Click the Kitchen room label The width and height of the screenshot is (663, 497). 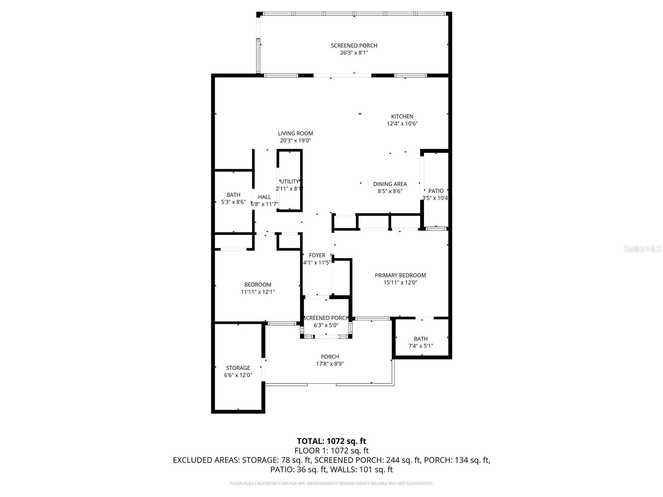coord(402,116)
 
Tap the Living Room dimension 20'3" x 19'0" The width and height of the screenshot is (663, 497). coord(295,141)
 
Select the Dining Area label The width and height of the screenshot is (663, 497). coord(390,184)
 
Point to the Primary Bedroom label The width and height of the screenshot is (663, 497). coord(400,275)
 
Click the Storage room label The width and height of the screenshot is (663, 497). coord(238,368)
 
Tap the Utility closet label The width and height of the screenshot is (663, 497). coord(289,181)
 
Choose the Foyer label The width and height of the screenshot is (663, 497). coord(317,255)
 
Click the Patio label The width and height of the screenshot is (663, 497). coord(436,191)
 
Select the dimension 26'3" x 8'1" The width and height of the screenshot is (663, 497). coord(354,53)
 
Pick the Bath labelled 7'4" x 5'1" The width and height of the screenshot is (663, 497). coord(420,339)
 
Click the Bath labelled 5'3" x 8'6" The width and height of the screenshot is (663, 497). coord(233,195)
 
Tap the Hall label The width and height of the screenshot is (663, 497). coord(264,197)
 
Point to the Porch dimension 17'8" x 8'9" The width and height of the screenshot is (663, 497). coord(330,364)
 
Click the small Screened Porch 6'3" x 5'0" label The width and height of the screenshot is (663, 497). coord(326,318)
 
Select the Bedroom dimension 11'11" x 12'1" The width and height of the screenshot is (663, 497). coord(258,292)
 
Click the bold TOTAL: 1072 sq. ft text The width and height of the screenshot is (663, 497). coord(331,441)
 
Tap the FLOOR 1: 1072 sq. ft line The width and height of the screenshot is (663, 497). coord(331,451)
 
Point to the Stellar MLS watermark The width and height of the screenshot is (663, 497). coord(642,249)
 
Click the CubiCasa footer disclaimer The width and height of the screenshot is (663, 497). coord(331,483)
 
